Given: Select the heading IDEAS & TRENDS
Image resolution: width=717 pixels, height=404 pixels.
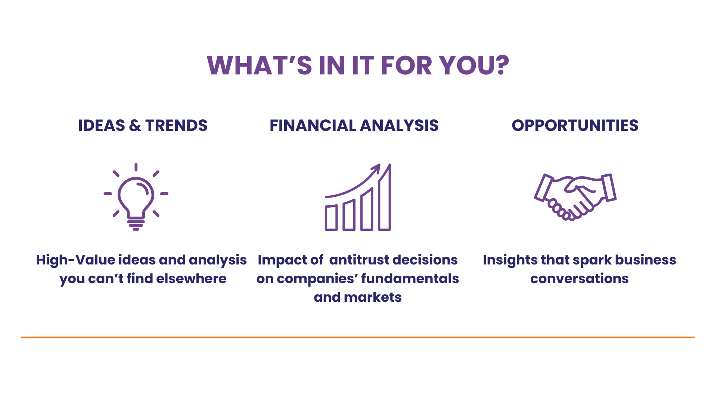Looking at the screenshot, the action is pos(143,125).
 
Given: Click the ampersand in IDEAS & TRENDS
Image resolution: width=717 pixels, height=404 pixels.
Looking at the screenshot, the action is pos(135,125).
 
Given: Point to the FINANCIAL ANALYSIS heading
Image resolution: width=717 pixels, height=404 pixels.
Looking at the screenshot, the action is pos(354,125).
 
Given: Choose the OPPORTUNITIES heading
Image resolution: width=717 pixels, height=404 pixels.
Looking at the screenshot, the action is pos(575,125).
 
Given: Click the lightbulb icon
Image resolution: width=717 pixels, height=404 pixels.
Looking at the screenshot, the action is pos(136,197).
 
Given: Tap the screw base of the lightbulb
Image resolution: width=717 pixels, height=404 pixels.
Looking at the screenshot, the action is pos(136,224).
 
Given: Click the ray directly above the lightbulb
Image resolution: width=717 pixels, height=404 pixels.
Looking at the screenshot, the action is pos(136,167).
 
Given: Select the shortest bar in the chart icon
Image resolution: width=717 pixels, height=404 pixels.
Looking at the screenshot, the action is pos(331,217).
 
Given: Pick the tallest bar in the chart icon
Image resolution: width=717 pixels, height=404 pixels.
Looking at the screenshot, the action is pos(385,197).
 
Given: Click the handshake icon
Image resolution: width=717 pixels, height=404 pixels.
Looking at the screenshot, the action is pos(575,197).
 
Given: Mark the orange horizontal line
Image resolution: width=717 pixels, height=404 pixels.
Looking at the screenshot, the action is pos(358,337).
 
